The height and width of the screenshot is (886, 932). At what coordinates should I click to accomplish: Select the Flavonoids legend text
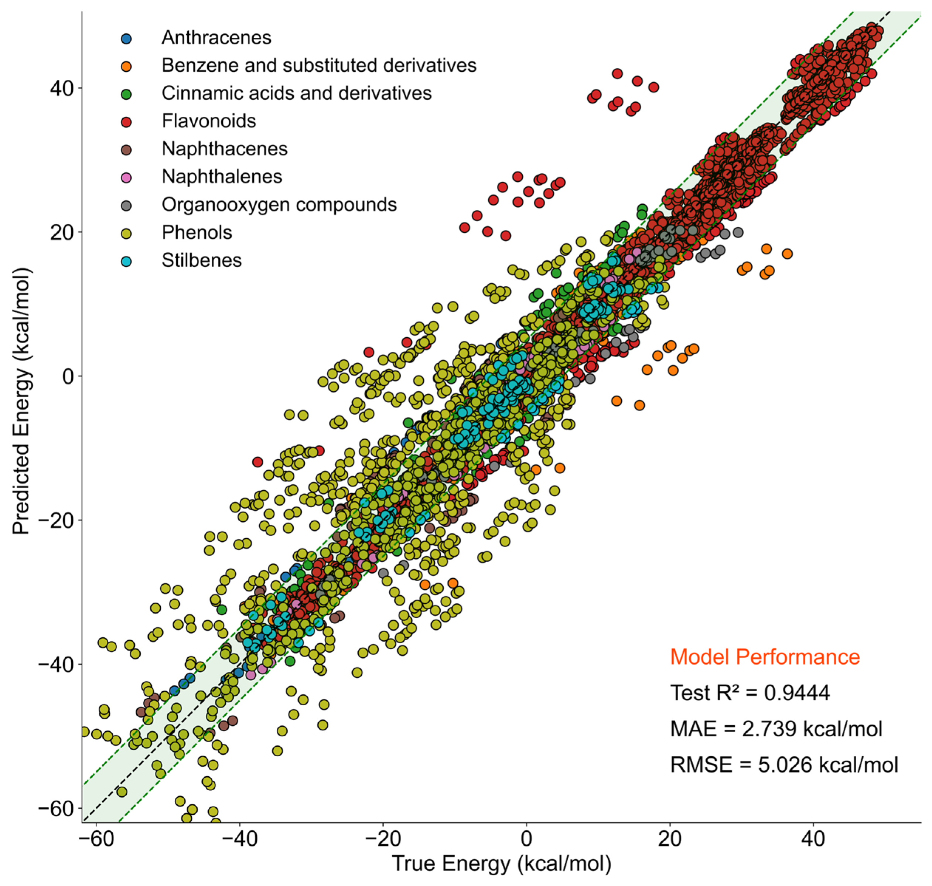(209, 121)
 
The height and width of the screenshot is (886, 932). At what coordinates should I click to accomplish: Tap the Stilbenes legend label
(202, 260)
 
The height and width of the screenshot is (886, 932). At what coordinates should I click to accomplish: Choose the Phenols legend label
(197, 232)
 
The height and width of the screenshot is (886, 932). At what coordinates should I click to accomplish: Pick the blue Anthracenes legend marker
(126, 38)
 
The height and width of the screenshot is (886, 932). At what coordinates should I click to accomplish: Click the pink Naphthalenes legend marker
(126, 178)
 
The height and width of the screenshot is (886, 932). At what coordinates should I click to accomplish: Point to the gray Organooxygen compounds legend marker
(126, 205)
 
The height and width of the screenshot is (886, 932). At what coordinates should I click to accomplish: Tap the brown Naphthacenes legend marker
(126, 150)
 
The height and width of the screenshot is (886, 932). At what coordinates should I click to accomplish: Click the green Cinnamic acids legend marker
(126, 94)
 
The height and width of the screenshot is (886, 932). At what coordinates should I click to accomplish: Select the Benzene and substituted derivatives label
(319, 65)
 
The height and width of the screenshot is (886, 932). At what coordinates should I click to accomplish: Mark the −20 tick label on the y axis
(56, 520)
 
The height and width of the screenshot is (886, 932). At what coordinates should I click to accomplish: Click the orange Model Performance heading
(765, 657)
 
